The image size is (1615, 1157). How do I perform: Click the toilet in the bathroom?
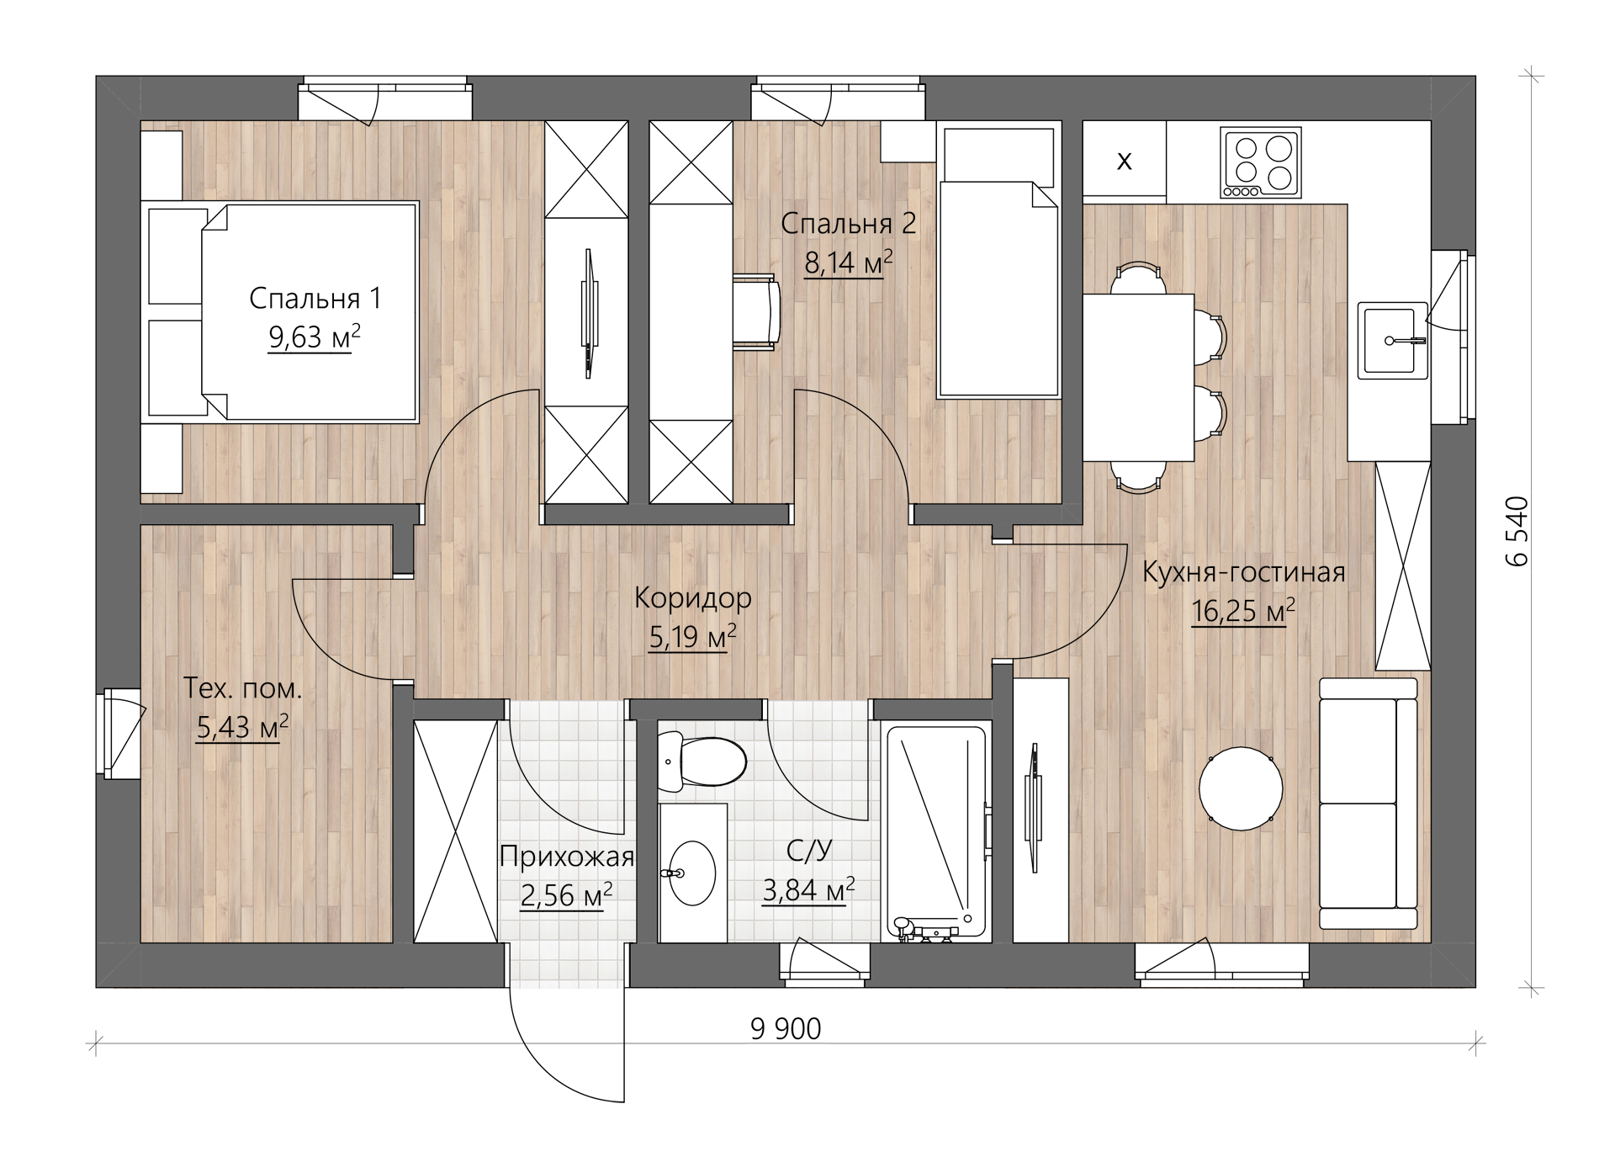(701, 762)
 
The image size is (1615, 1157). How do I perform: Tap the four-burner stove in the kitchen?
(1261, 163)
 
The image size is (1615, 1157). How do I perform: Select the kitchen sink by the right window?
(1395, 340)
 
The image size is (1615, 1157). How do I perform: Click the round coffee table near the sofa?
(1241, 788)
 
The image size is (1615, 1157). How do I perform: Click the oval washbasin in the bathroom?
(691, 873)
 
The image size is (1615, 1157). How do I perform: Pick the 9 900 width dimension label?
(786, 1028)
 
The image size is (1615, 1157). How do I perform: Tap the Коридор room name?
(692, 598)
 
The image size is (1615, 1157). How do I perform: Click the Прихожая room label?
(566, 857)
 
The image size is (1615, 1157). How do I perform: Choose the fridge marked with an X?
(1124, 161)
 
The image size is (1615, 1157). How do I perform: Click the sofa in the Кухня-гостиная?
(1368, 804)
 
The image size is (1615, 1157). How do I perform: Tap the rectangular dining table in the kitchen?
(1138, 377)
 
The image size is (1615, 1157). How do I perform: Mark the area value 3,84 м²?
(808, 889)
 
